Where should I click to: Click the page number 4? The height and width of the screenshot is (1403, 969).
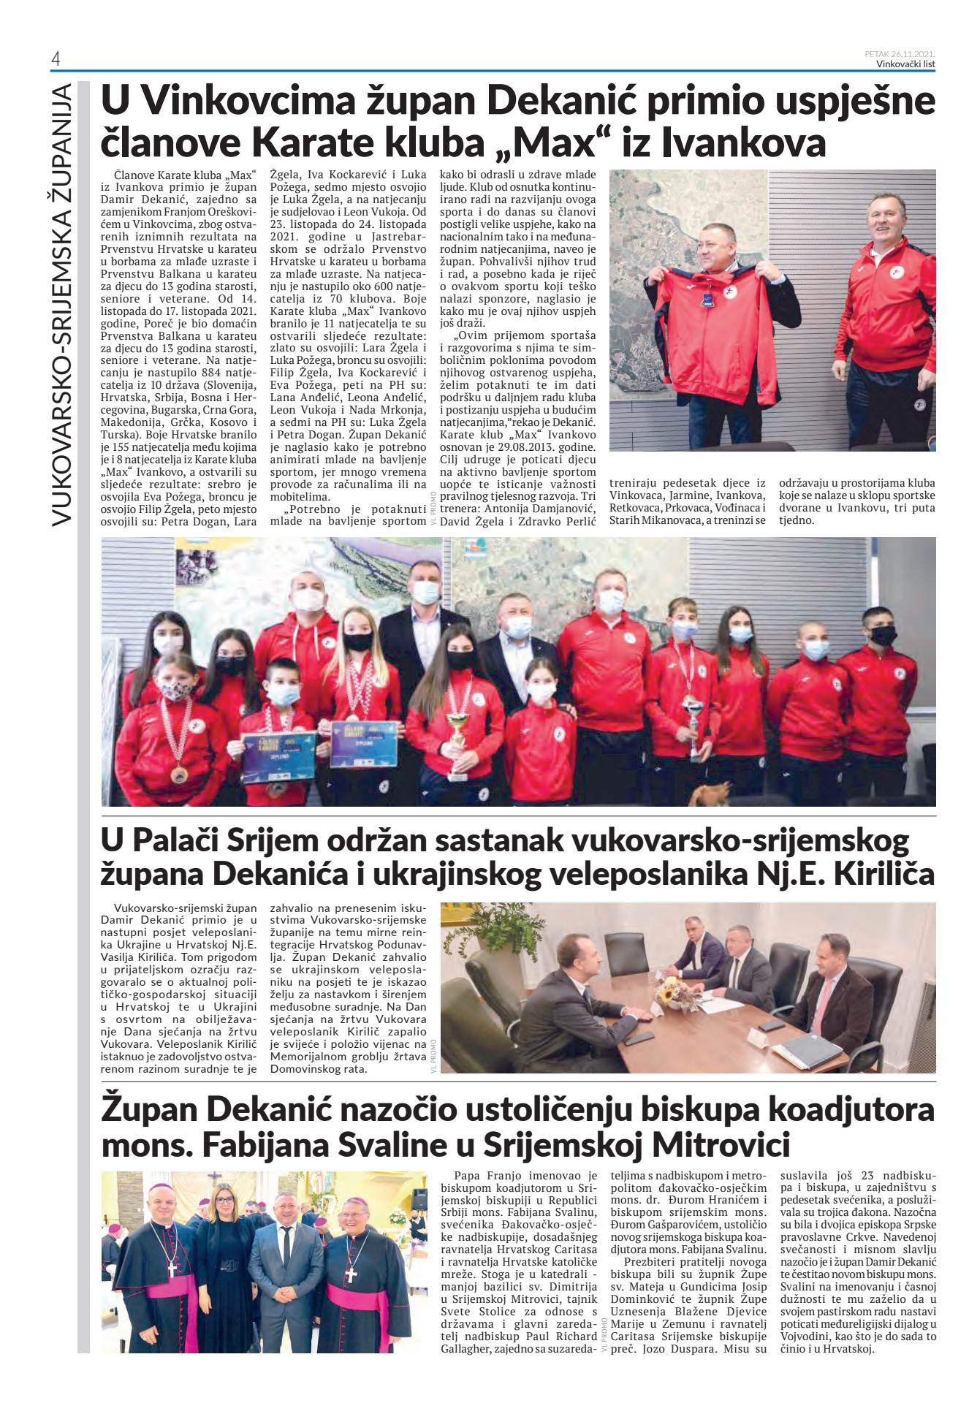click(56, 59)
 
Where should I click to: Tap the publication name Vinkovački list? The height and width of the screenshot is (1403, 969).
click(905, 64)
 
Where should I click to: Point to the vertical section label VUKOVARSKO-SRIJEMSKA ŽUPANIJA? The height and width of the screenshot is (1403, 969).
click(62, 303)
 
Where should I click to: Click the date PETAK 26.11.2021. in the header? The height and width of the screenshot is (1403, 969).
click(900, 53)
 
